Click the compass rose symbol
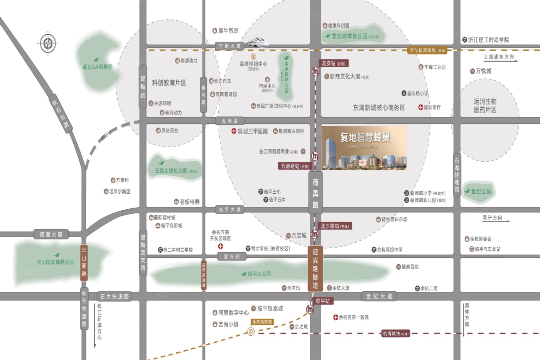[48, 43]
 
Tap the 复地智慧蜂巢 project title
[365, 137]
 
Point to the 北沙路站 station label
[334, 226]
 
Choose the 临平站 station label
[323, 301]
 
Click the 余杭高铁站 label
[262, 322]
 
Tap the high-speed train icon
[256, 42]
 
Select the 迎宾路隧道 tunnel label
[315, 269]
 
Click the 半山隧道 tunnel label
[84, 262]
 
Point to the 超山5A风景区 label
[98, 67]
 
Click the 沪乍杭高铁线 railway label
[427, 51]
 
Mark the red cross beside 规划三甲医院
[234, 131]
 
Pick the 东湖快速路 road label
[457, 175]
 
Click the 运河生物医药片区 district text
[485, 105]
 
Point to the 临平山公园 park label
[259, 274]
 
